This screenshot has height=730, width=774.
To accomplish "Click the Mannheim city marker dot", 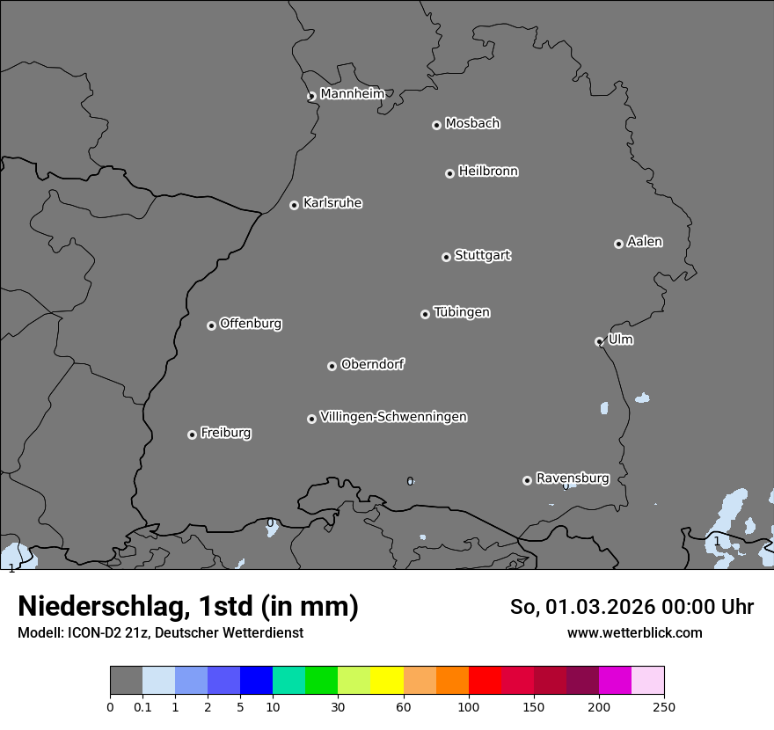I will click(x=311, y=97).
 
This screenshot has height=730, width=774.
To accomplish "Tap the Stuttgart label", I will click(x=482, y=255).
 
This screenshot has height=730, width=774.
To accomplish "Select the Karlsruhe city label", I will click(x=332, y=203).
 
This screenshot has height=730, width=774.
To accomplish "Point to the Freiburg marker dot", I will click(x=192, y=434).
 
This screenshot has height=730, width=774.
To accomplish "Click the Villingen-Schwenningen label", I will click(x=393, y=417).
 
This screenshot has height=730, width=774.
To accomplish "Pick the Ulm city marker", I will click(x=599, y=341).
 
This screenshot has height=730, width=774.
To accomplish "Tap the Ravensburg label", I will click(x=572, y=478).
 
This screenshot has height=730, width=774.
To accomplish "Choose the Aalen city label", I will click(x=644, y=242).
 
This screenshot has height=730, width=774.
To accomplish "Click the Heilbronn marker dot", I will click(x=449, y=173).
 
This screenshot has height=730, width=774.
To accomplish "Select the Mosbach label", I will click(x=471, y=124).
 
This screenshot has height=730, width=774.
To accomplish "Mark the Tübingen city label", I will click(x=461, y=312).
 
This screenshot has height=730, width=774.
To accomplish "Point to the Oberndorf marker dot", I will click(x=332, y=366).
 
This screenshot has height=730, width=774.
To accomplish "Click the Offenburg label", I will click(x=250, y=324).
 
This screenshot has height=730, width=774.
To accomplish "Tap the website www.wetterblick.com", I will click(x=634, y=632).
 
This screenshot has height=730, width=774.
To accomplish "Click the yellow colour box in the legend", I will click(x=387, y=681).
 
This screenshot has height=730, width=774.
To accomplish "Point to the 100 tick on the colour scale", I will click(x=469, y=706).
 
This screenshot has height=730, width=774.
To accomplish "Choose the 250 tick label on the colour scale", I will click(x=664, y=706).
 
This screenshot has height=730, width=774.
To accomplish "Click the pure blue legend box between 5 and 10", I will click(x=256, y=681).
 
